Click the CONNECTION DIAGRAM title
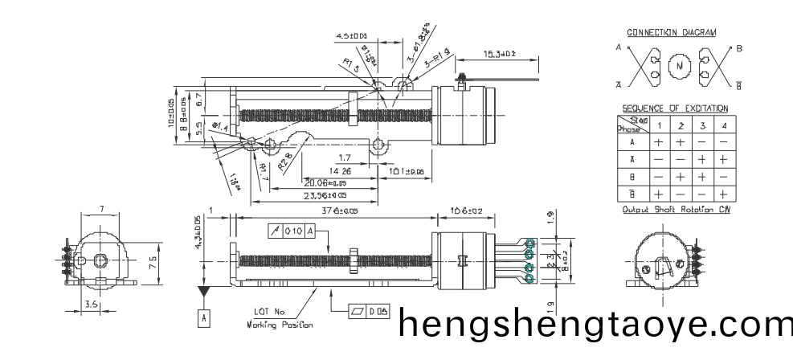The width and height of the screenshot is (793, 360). (x=671, y=33)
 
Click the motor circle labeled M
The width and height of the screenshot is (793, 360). (x=680, y=65)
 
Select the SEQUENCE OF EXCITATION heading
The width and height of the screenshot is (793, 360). (x=675, y=108)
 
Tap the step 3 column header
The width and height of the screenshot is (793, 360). (x=701, y=125)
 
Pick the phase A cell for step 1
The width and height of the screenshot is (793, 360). (x=658, y=141)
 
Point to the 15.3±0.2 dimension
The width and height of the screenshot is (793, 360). (x=499, y=54)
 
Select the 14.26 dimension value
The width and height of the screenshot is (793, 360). (x=339, y=171)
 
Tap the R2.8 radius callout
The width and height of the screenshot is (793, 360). (x=285, y=164)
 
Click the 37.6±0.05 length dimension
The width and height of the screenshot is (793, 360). (x=333, y=211)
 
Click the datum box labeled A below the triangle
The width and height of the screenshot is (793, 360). (x=204, y=318)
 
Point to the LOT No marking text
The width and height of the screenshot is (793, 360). (x=269, y=312)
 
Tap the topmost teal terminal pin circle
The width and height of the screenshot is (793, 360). (x=529, y=243)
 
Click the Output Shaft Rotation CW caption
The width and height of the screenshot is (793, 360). (x=675, y=210)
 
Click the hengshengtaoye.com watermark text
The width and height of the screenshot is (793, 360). (x=595, y=325)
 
